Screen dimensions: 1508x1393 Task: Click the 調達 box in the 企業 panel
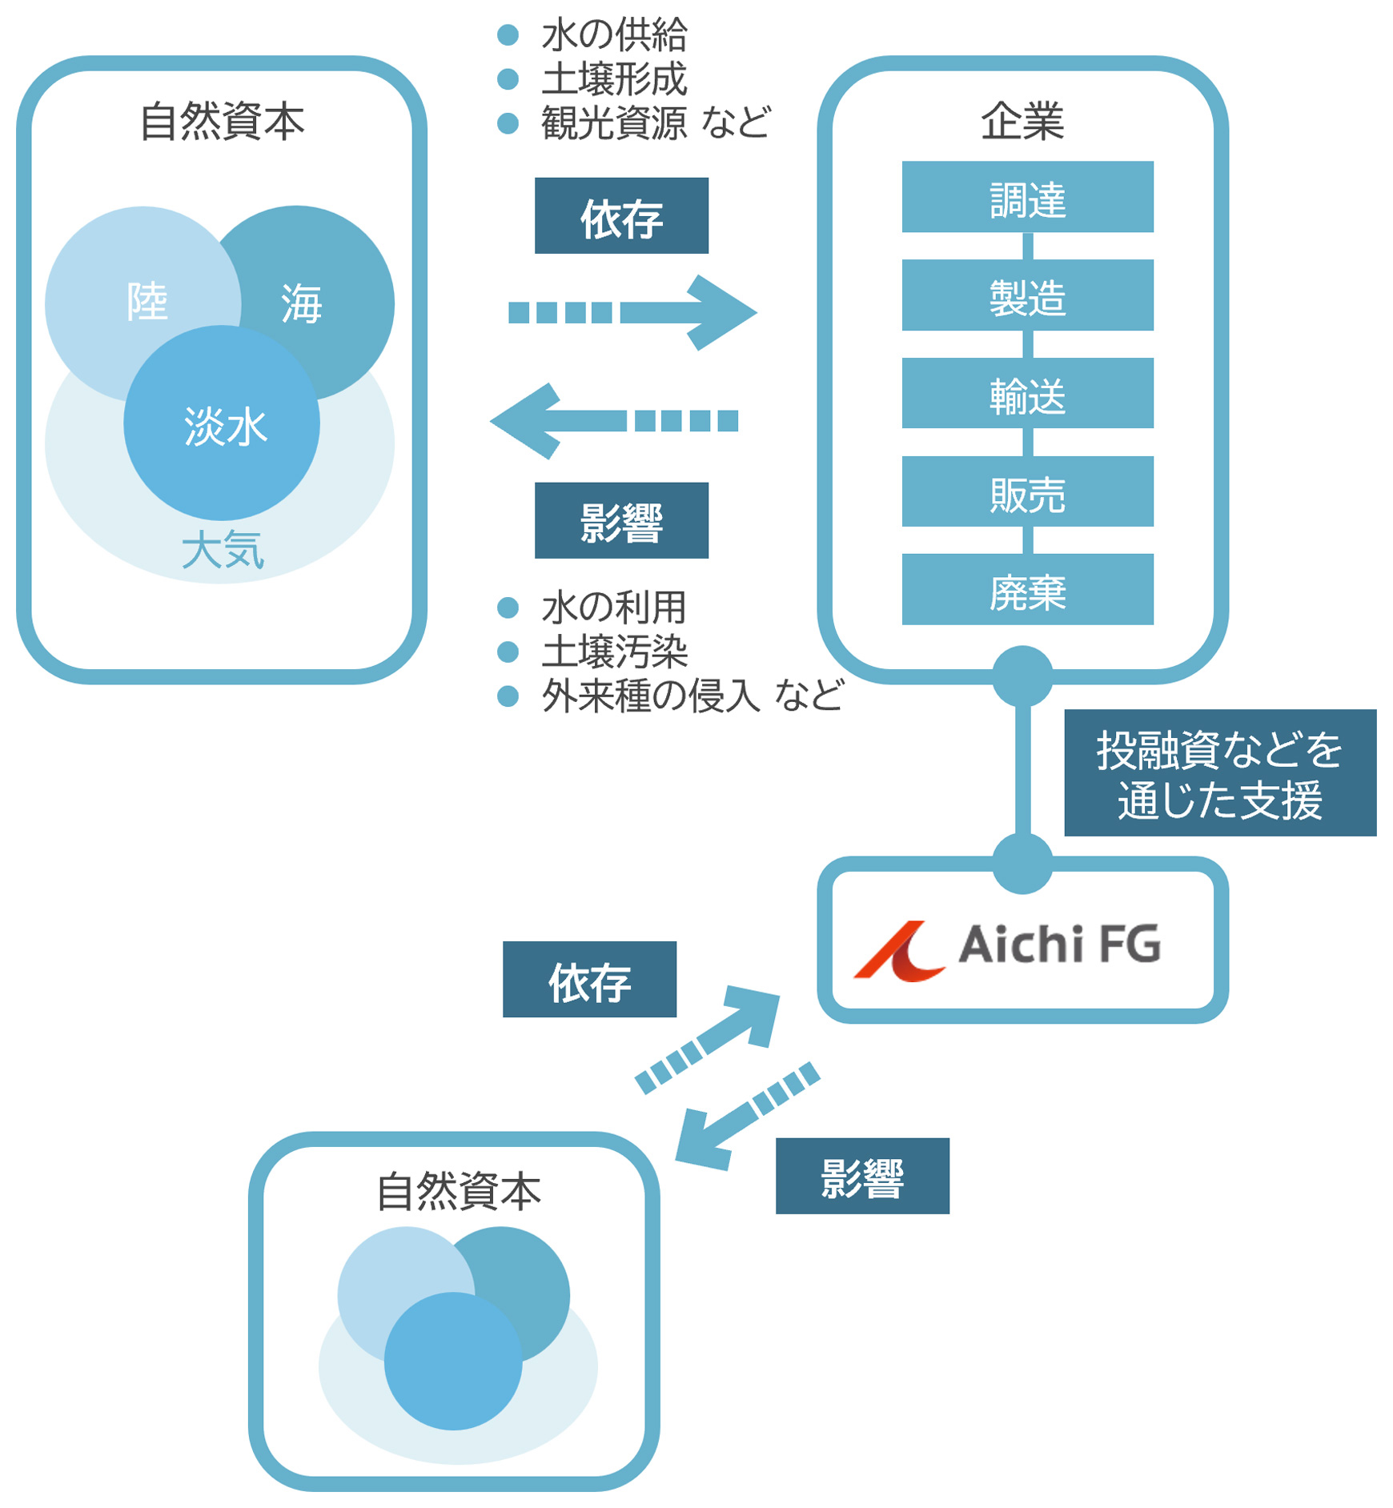(1027, 197)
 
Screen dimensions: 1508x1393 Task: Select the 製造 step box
(1027, 295)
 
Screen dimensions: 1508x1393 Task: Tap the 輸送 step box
(1027, 393)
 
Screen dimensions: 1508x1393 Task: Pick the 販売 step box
(1027, 491)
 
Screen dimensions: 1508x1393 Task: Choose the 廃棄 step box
(1027, 590)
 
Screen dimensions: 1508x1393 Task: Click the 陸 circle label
(147, 302)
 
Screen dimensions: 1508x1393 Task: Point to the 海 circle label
(302, 303)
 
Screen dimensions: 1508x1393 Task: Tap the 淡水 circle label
(225, 426)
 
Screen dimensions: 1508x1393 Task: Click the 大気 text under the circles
(223, 551)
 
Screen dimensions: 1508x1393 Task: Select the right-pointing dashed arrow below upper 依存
(632, 312)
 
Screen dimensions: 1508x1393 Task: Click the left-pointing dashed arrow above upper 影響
(613, 421)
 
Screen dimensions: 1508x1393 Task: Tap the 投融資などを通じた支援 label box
(1219, 773)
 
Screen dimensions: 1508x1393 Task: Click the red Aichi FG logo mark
(899, 951)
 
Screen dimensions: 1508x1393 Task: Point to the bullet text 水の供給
(614, 35)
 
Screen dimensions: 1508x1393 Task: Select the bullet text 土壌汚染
(614, 652)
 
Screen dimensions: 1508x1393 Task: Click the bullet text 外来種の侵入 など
(692, 695)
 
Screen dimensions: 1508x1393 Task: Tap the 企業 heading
(1022, 122)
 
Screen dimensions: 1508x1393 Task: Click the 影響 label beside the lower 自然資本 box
(862, 1177)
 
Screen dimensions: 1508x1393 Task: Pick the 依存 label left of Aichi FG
(589, 980)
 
